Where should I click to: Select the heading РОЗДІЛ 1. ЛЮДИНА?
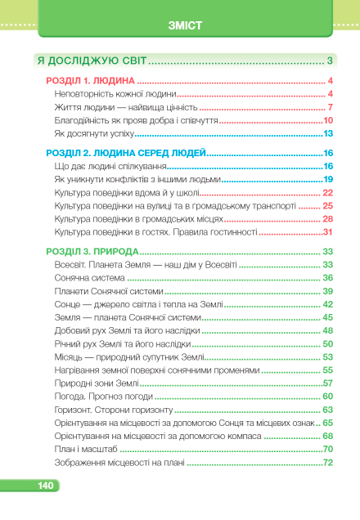(x=88, y=81)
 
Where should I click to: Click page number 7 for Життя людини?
(x=329, y=107)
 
